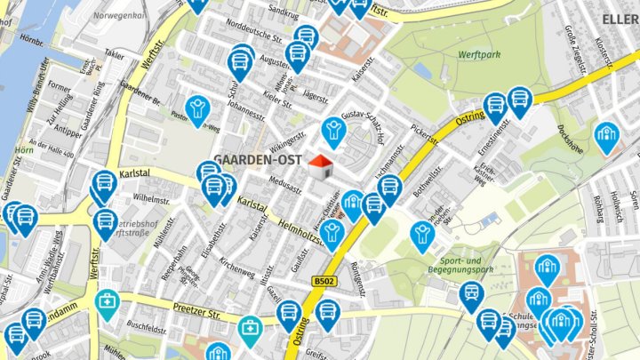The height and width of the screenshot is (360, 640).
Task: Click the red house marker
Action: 320,164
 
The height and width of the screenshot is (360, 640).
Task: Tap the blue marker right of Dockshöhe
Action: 606,137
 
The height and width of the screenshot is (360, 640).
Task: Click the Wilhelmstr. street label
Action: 150,197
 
